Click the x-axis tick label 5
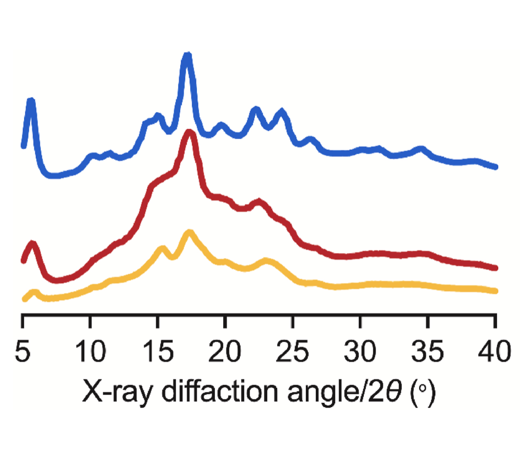(23, 354)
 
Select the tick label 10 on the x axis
(90, 354)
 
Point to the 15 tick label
(157, 354)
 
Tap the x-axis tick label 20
(225, 354)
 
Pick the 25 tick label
(293, 354)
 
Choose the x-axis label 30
(360, 354)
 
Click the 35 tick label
(428, 354)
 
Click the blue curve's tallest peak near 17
(187, 55)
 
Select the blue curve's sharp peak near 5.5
(31, 101)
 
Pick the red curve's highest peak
(190, 133)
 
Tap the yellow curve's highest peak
(190, 232)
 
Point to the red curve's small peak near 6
(32, 244)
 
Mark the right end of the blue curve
(495, 166)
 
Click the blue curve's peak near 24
(282, 113)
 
